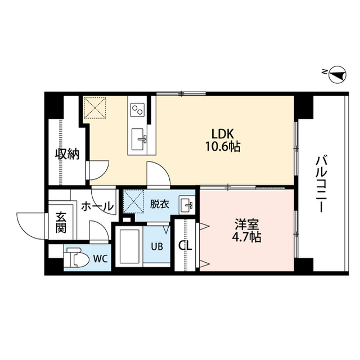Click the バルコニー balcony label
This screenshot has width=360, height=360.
(321, 183)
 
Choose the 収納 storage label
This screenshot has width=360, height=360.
(66, 154)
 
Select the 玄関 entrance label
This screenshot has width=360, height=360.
(60, 222)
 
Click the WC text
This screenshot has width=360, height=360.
(100, 259)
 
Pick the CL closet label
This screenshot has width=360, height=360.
(184, 246)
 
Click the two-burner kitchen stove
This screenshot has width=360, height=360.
(138, 109)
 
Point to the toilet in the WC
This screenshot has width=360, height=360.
(75, 259)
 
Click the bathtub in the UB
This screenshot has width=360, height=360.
(129, 247)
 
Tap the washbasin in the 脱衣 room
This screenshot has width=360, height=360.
(186, 204)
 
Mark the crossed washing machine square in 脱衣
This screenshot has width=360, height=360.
(134, 200)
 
